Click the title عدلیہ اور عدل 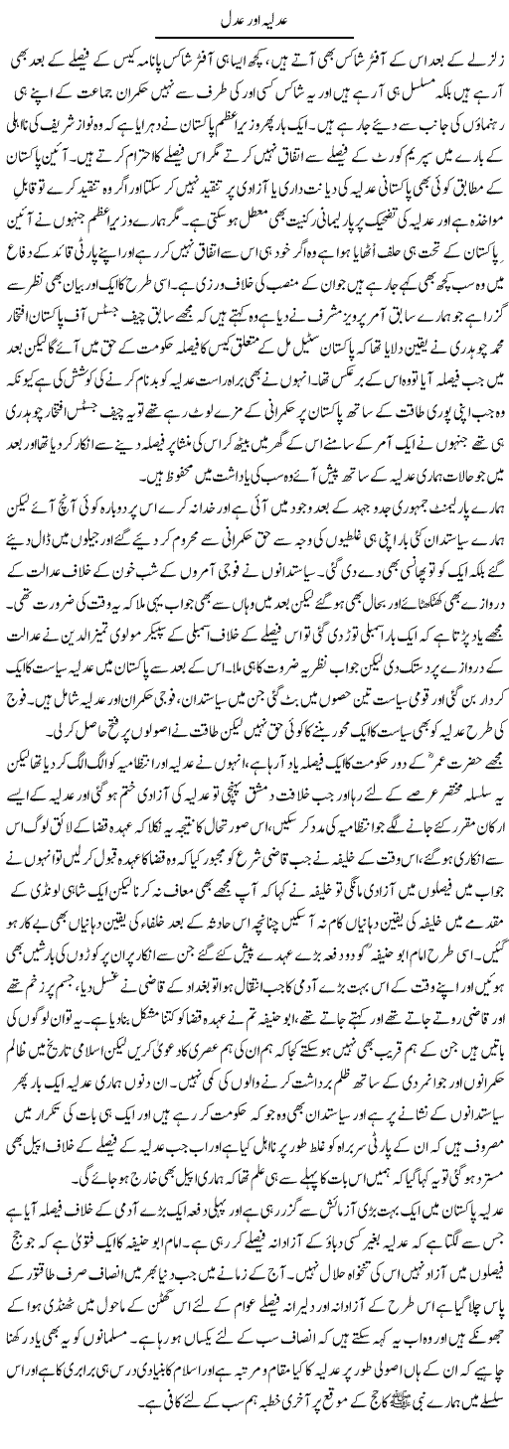point(254,18)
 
